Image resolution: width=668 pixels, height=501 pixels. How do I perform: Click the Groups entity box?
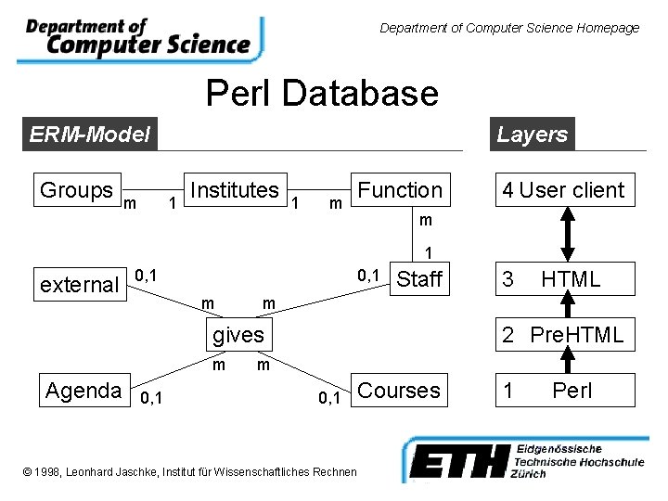(x=76, y=190)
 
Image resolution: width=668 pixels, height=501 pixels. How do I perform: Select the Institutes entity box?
(x=234, y=190)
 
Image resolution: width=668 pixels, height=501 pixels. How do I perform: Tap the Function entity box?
(x=400, y=190)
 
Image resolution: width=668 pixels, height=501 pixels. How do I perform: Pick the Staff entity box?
(x=419, y=279)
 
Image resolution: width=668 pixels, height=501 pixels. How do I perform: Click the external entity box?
(x=79, y=285)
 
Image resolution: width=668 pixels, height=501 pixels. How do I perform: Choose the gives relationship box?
(x=238, y=335)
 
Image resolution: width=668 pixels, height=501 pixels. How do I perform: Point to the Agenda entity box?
(x=83, y=391)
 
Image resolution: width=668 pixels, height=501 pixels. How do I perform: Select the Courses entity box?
(x=399, y=391)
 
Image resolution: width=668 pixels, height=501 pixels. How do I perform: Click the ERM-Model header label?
(x=89, y=135)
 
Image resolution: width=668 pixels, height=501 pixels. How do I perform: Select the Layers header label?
(x=532, y=135)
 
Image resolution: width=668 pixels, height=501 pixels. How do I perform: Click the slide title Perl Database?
(x=322, y=93)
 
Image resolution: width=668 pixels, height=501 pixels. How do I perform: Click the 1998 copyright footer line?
(x=189, y=472)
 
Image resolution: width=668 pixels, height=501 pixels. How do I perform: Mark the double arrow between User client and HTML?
(x=569, y=235)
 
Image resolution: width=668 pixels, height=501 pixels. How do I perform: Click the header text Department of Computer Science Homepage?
(x=509, y=28)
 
